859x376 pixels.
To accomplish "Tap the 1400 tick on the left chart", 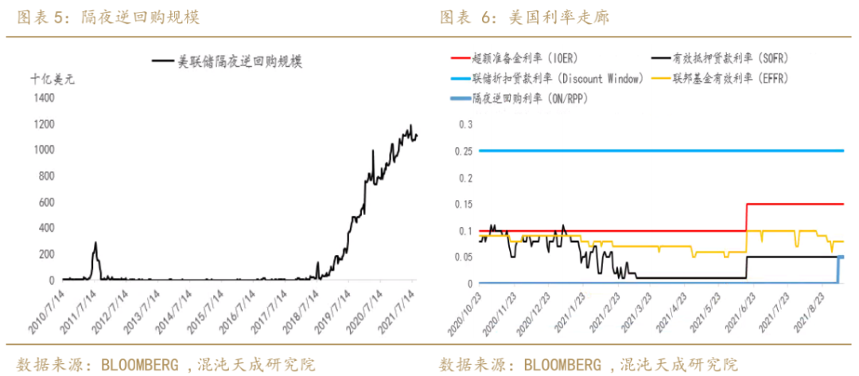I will click(x=44, y=97).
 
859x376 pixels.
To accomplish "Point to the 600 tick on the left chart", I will click(x=47, y=202).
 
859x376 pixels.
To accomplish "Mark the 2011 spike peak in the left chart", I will click(x=95, y=243).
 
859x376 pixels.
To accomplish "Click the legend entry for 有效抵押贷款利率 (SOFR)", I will click(x=728, y=58).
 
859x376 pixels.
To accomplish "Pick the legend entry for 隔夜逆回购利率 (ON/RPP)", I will click(x=530, y=99).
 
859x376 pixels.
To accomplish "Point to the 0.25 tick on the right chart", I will click(x=462, y=151).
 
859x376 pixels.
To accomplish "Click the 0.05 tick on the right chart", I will click(x=462, y=257).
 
